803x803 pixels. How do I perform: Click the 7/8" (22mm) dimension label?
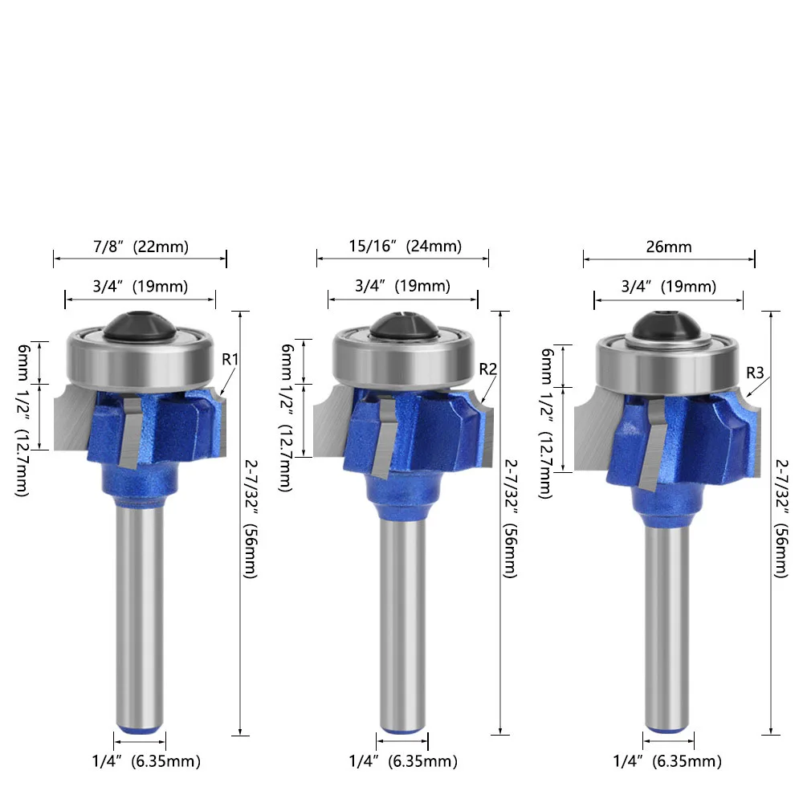[141, 247]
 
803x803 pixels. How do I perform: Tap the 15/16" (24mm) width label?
[405, 246]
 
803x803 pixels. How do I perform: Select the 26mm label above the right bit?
[669, 247]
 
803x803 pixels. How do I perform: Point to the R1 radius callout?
[230, 360]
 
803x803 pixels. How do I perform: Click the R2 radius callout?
[488, 369]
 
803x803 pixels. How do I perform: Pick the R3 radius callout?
[755, 373]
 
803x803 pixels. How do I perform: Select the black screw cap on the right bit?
[668, 326]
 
